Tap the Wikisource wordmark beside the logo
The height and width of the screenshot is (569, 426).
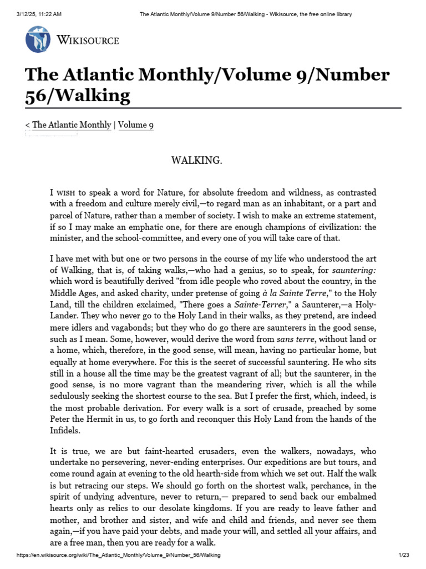tap(88, 40)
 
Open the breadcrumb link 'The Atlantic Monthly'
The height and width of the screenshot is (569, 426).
tap(72, 125)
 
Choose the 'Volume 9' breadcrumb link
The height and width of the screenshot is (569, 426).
tap(136, 125)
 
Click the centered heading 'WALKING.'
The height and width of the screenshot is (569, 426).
tap(196, 161)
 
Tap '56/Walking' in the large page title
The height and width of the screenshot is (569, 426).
tap(78, 96)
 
